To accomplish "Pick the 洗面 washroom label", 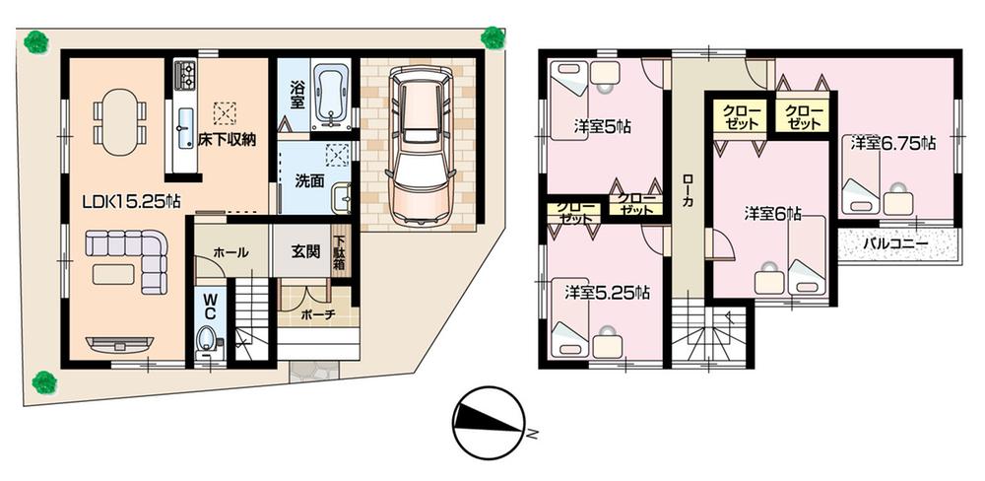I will tap(299, 181).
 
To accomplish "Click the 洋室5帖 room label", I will tap(603, 126).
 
